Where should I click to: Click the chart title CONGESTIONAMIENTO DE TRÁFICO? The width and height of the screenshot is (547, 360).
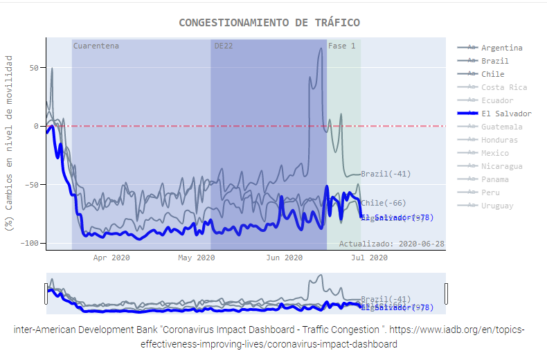click(x=269, y=23)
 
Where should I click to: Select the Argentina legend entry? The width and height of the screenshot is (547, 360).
click(x=501, y=48)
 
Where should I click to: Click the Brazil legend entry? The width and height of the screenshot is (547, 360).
click(x=494, y=61)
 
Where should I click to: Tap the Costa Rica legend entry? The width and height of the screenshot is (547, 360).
click(x=503, y=87)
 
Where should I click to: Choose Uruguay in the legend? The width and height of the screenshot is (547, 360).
click(x=497, y=206)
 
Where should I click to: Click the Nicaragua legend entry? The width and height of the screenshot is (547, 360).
click(x=501, y=166)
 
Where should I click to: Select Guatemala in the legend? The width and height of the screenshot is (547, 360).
click(x=501, y=127)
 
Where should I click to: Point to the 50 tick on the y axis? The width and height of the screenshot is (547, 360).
click(x=34, y=68)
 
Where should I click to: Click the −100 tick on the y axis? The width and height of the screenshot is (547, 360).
click(x=30, y=243)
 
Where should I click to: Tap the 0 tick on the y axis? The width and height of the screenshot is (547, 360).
click(x=37, y=126)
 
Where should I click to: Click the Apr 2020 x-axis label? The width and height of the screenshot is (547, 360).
click(x=111, y=258)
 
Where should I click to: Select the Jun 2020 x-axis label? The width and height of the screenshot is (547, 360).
click(x=284, y=258)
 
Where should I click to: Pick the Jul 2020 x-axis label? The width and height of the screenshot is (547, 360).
click(x=369, y=258)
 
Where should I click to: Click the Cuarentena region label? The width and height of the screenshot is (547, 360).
click(x=96, y=46)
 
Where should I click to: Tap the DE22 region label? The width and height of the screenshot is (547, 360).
click(x=224, y=46)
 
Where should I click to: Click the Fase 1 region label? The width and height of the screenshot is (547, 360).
click(x=342, y=46)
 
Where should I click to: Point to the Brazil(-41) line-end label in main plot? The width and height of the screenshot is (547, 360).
click(x=386, y=174)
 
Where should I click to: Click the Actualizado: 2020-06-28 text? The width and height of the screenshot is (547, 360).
click(x=391, y=244)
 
